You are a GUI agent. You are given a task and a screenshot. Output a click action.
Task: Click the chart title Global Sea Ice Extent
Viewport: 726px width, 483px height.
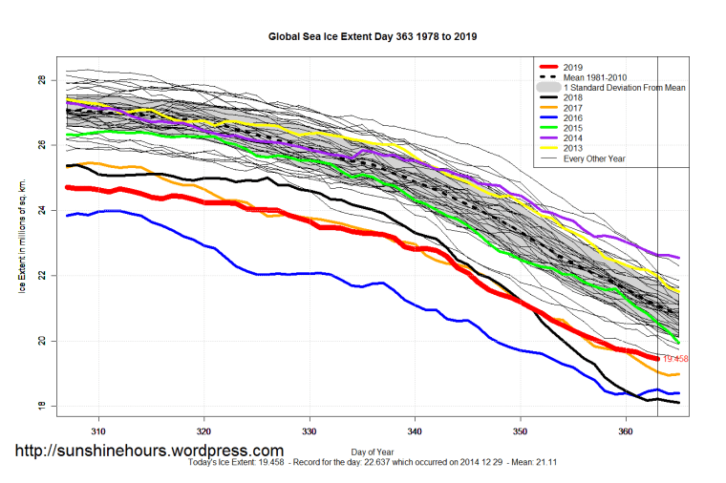click(x=373, y=37)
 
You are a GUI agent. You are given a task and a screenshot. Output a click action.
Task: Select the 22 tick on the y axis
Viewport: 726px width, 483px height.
click(x=41, y=276)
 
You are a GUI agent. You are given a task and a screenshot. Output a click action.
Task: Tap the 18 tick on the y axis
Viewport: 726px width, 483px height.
click(x=41, y=407)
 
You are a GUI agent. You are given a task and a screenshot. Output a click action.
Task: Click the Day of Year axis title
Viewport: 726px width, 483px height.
click(x=374, y=450)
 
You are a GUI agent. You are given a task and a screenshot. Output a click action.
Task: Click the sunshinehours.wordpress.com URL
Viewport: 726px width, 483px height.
click(x=148, y=451)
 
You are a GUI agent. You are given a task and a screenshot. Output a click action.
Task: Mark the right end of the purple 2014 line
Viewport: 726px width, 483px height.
click(x=678, y=258)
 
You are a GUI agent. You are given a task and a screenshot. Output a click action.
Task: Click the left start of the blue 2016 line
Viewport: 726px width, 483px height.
click(x=67, y=216)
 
